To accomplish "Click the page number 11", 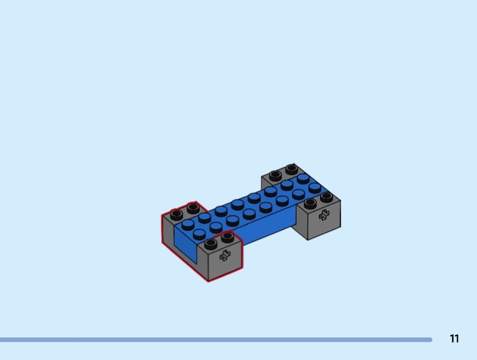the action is coord(454,339).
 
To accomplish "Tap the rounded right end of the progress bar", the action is coord(430,340).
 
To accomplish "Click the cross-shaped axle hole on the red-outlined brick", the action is coord(225,256).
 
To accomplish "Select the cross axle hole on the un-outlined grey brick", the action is coord(324,215).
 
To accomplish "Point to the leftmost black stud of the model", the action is coord(176,215).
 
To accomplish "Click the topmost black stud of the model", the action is coord(292,169).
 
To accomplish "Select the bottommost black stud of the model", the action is coord(211,244).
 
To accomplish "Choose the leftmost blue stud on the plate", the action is coord(188,224).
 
